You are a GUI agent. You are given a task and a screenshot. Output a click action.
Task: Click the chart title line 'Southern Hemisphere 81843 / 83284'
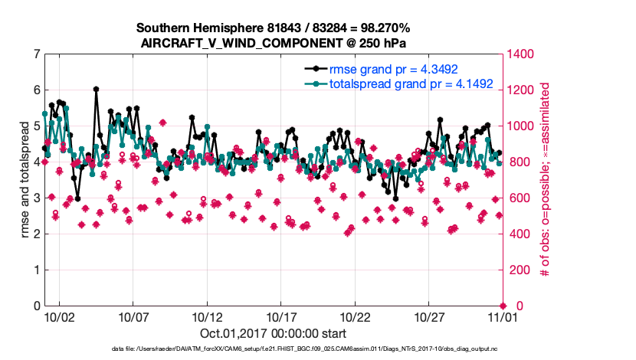point(274,28)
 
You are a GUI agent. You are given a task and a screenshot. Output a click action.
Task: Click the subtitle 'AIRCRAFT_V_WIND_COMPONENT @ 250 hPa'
point(274,44)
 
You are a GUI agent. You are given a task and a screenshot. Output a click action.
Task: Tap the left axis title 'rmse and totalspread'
point(25,180)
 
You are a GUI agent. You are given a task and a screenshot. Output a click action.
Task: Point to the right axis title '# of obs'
point(546,180)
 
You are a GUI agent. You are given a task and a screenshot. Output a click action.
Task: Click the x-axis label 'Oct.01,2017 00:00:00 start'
point(274,333)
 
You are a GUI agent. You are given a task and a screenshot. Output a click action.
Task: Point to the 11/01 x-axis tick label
point(502,316)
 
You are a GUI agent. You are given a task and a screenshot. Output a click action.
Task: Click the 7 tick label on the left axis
point(36,54)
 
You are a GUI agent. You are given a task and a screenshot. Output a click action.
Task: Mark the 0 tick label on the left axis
point(36,306)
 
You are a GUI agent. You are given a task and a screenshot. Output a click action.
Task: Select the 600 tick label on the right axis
point(516,198)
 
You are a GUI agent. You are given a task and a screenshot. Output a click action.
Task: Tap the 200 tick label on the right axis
point(516,270)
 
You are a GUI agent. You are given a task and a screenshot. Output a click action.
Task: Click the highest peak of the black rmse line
point(96,89)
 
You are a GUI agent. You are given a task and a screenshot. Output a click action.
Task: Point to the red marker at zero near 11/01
point(502,306)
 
